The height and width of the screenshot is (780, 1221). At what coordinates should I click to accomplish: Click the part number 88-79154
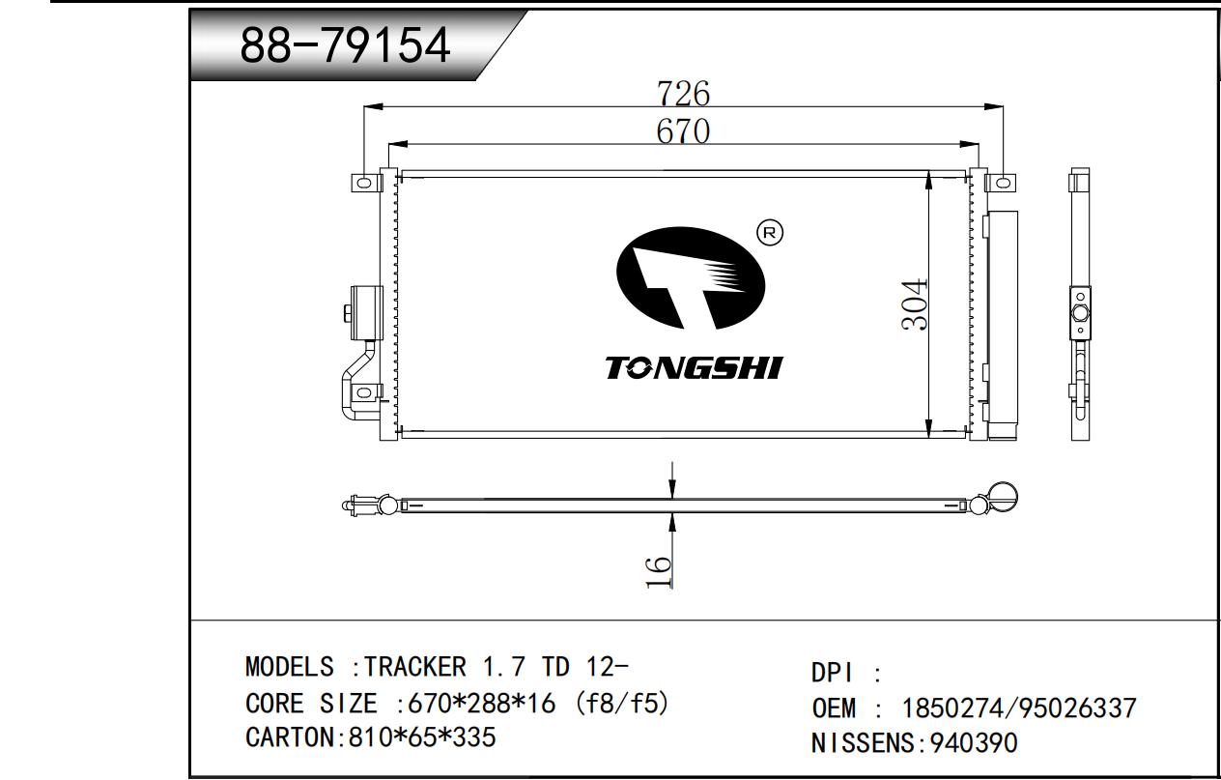coord(345,44)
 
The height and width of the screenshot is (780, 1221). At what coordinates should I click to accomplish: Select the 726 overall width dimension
coord(684,94)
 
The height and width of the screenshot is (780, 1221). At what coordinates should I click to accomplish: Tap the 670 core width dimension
coord(683,131)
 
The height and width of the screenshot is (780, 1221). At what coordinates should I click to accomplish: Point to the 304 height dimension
coord(914,304)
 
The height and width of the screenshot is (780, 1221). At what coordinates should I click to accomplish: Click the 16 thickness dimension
coord(658,572)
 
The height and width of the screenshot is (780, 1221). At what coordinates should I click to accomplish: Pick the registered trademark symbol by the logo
coord(770,233)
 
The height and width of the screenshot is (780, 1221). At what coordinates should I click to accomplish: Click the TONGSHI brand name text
coord(694,367)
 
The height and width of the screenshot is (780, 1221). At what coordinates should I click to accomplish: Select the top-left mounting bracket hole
coord(363,182)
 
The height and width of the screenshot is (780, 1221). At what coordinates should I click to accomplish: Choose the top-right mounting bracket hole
coord(1002,182)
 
